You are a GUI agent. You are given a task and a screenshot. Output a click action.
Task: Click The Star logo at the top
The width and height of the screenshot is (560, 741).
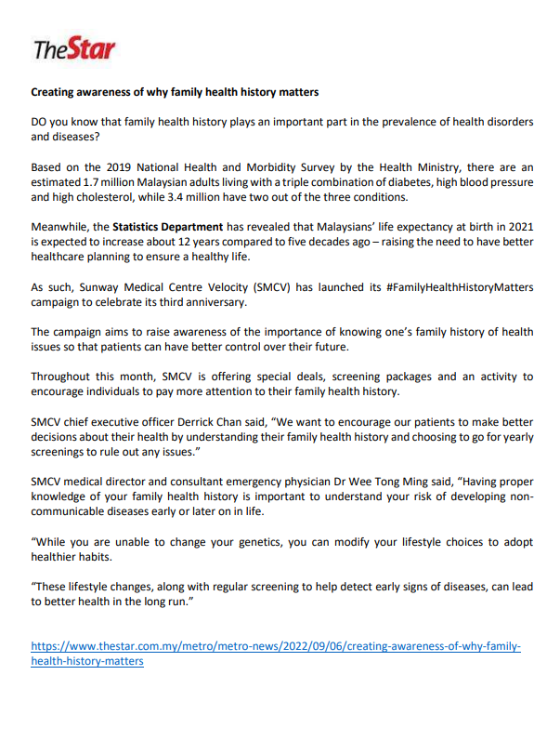click(74, 49)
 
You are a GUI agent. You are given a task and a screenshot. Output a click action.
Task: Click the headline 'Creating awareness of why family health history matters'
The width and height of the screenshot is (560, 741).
click(175, 93)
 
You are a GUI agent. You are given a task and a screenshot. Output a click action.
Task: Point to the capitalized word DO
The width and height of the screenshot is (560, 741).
click(41, 122)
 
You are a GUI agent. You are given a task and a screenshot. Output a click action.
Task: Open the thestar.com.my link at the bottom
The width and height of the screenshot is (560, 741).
click(276, 646)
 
